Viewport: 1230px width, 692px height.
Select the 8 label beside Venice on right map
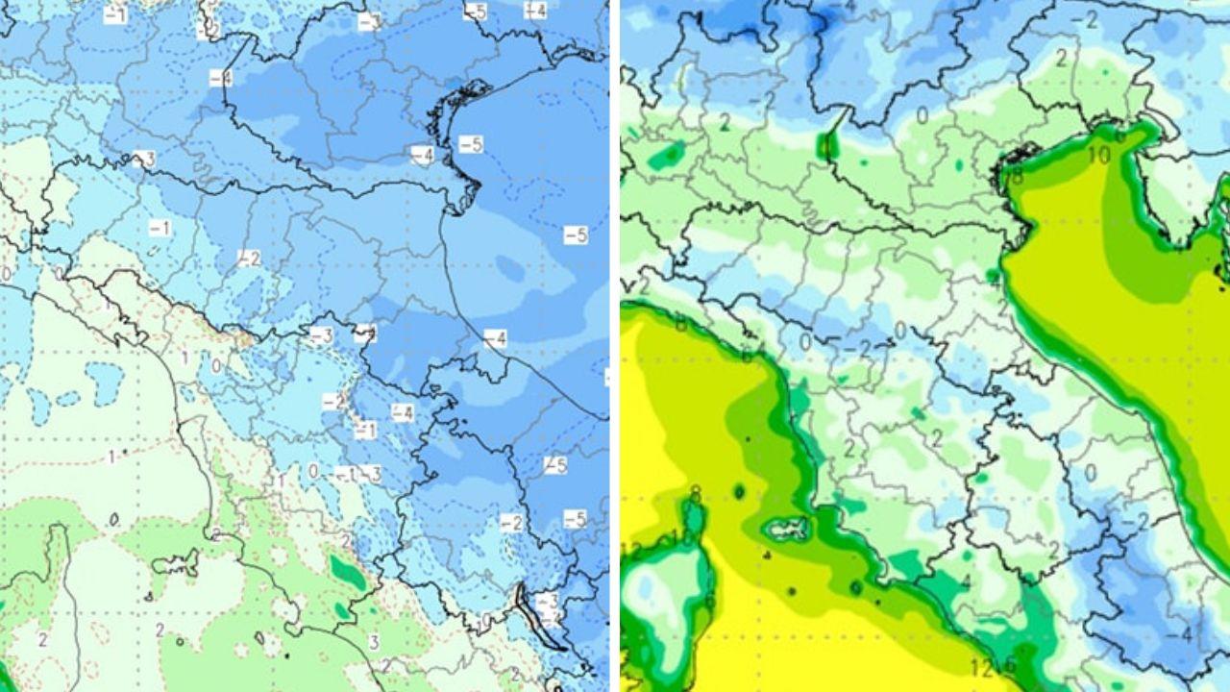1017,176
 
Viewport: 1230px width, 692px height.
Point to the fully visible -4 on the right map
1187,635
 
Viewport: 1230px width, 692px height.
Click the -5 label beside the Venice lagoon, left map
471,144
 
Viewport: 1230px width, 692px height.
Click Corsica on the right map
673,596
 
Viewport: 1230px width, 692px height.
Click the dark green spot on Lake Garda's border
826,145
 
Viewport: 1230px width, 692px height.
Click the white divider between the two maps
615,346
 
